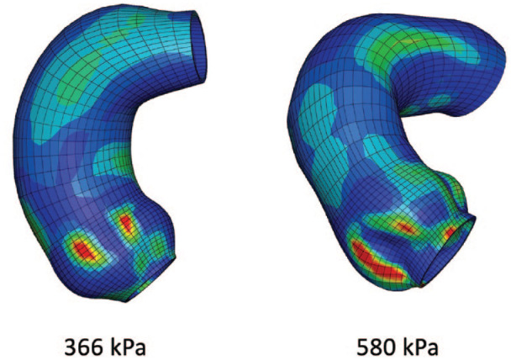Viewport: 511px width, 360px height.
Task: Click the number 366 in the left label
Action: click(x=84, y=347)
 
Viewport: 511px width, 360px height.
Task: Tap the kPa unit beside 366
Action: click(x=128, y=347)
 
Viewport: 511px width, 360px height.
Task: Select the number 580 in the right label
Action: click(x=376, y=347)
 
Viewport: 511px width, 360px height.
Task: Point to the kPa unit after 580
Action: click(x=420, y=347)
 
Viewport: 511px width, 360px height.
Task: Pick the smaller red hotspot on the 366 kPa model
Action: click(x=126, y=224)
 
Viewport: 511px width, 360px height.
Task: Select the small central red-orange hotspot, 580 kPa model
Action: click(x=404, y=227)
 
